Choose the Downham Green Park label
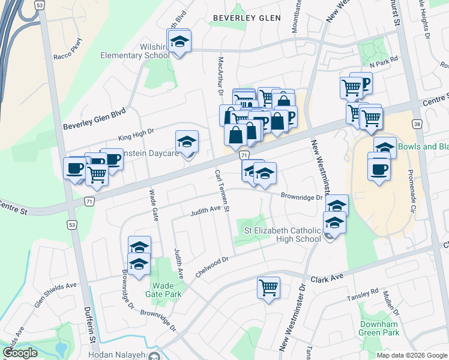[379, 328]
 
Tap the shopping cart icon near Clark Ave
[268, 287]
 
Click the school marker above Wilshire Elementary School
[178, 41]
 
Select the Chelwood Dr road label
[212, 267]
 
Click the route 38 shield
[416, 124]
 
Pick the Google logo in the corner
[20, 353]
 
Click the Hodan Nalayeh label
[117, 355]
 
